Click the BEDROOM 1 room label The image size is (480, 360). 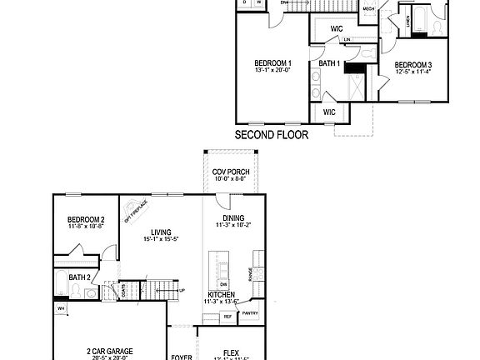click(x=272, y=63)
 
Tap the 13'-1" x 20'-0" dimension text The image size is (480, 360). click(x=272, y=72)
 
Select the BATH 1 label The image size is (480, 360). click(x=329, y=63)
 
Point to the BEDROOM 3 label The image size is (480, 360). click(x=413, y=65)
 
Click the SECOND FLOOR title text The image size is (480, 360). click(x=271, y=134)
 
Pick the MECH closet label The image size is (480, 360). click(x=368, y=10)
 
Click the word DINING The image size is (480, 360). click(x=233, y=217)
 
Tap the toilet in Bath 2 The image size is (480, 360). click(x=76, y=291)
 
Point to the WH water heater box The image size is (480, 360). click(x=61, y=307)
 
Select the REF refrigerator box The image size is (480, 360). click(x=227, y=317)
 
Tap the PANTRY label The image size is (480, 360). click(x=249, y=313)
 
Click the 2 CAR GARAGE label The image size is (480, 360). click(x=110, y=351)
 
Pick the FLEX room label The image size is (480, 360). click(x=231, y=352)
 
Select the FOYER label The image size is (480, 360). click(x=182, y=353)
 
